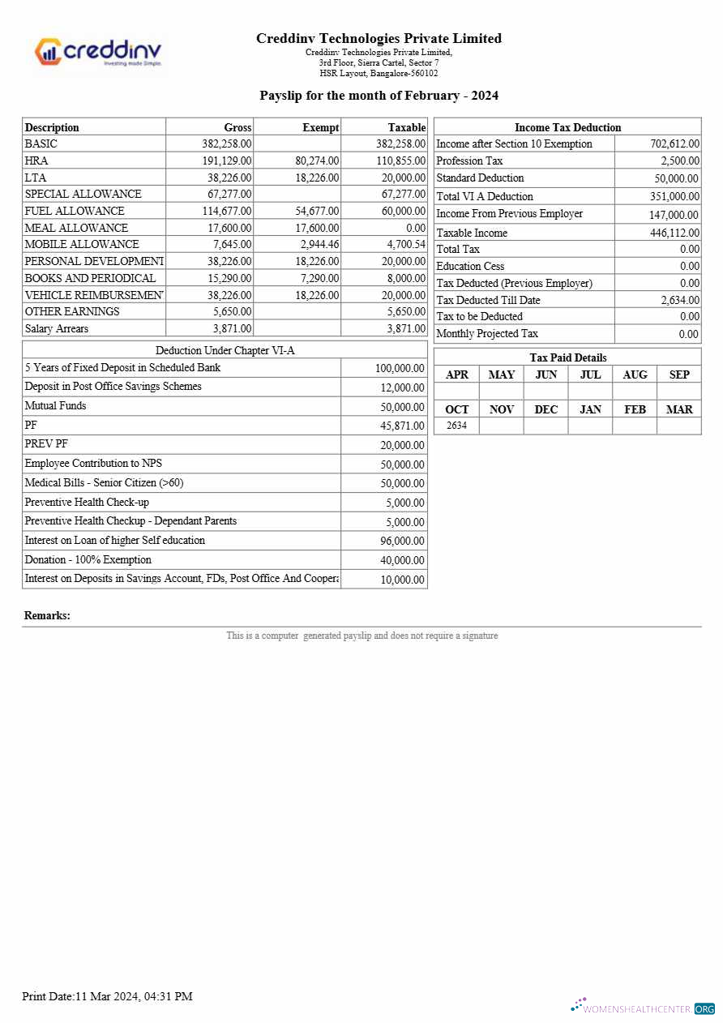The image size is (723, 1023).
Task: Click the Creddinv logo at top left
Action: pyautogui.click(x=98, y=53)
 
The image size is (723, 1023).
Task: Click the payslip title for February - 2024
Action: pyautogui.click(x=379, y=96)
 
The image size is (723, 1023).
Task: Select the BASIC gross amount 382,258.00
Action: pyautogui.click(x=227, y=143)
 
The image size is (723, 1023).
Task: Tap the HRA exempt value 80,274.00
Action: pyautogui.click(x=317, y=161)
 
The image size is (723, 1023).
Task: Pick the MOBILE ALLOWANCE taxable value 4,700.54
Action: pyautogui.click(x=406, y=244)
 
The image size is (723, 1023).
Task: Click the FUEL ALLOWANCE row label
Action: pyautogui.click(x=75, y=211)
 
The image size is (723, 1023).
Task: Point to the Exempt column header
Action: pyautogui.click(x=320, y=127)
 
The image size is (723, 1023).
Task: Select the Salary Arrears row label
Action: pyautogui.click(x=57, y=328)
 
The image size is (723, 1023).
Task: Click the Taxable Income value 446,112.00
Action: pyautogui.click(x=674, y=233)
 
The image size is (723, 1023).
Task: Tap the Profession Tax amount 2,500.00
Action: pyautogui.click(x=679, y=161)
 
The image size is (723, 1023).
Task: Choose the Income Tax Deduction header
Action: pyautogui.click(x=567, y=127)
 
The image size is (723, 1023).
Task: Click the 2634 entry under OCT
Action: pyautogui.click(x=456, y=426)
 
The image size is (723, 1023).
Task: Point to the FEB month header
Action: pyautogui.click(x=635, y=409)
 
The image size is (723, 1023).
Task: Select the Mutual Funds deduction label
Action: pyautogui.click(x=55, y=406)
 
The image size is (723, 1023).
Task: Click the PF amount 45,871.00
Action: pyautogui.click(x=400, y=426)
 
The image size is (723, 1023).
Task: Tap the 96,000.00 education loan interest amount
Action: pyautogui.click(x=400, y=541)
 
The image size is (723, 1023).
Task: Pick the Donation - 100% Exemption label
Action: pyautogui.click(x=88, y=560)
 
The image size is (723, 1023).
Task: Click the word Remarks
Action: pyautogui.click(x=47, y=616)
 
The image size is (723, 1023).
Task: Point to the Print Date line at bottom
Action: pyautogui.click(x=107, y=996)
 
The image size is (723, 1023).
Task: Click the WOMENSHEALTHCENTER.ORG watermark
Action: pyautogui.click(x=644, y=1008)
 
